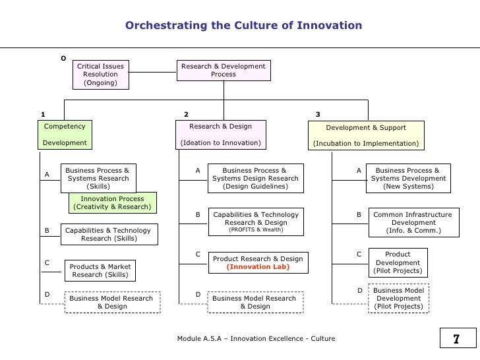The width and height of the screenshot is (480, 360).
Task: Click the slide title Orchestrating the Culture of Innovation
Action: pyautogui.click(x=243, y=26)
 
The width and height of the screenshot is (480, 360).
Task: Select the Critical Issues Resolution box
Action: pyautogui.click(x=101, y=75)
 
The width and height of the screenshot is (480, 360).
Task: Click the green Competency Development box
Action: pyautogui.click(x=65, y=135)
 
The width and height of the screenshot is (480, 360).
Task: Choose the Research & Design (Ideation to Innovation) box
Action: pyautogui.click(x=220, y=135)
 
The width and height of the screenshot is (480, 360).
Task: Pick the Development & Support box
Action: pyautogui.click(x=366, y=135)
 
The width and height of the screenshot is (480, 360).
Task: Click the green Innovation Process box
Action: pyautogui.click(x=112, y=203)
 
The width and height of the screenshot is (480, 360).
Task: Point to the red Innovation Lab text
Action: pyautogui.click(x=258, y=268)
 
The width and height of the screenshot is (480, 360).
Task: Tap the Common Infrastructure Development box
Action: pyautogui.click(x=412, y=223)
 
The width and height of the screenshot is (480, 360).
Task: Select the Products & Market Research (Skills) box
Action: pyautogui.click(x=101, y=270)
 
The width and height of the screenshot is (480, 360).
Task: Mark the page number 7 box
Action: pyautogui.click(x=455, y=340)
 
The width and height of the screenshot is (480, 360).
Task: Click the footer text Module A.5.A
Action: pyautogui.click(x=256, y=339)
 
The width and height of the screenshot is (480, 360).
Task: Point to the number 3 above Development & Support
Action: pyautogui.click(x=318, y=114)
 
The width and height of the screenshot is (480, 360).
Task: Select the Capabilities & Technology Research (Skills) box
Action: pyautogui.click(x=107, y=234)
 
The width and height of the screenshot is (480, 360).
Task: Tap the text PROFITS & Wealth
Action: pyautogui.click(x=256, y=230)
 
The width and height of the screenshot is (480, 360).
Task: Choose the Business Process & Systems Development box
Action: pyautogui.click(x=409, y=178)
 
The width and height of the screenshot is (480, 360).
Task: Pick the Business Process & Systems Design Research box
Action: pyautogui.click(x=255, y=178)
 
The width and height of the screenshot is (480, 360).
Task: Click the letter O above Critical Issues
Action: pyautogui.click(x=63, y=58)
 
